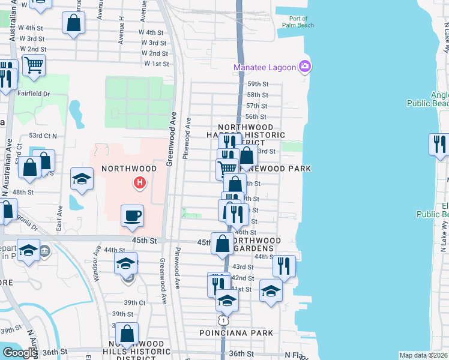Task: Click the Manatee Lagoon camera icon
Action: pyautogui.click(x=305, y=67)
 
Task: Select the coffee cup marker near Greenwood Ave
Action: pyautogui.click(x=132, y=215)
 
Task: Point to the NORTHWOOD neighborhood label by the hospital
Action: pyautogui.click(x=129, y=169)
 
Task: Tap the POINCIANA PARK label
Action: pyautogui.click(x=237, y=332)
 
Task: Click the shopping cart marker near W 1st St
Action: pyautogui.click(x=34, y=65)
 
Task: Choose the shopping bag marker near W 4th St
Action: pyautogui.click(x=73, y=24)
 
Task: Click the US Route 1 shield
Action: pyautogui.click(x=223, y=321)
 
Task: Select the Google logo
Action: pyautogui.click(x=20, y=353)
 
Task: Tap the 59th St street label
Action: pyautogui.click(x=257, y=84)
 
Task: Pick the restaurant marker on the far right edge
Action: pyautogui.click(x=439, y=145)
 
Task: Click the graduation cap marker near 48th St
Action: pyautogui.click(x=82, y=178)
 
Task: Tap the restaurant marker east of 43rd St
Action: pyautogui.click(x=284, y=266)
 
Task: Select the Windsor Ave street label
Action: pyautogui.click(x=98, y=257)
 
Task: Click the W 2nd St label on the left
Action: pyautogui.click(x=33, y=49)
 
